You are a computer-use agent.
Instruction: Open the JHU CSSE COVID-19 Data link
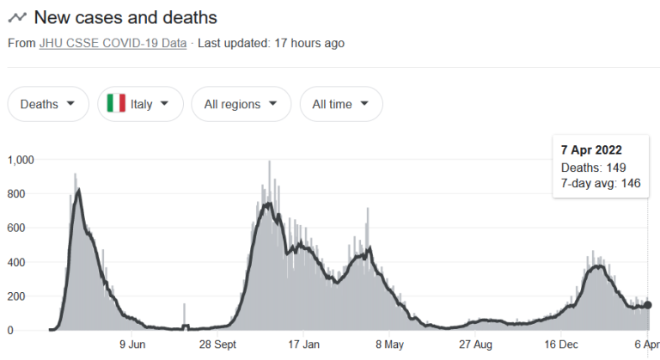click(113, 43)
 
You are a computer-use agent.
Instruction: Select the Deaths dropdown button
click(48, 104)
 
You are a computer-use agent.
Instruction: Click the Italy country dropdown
click(141, 104)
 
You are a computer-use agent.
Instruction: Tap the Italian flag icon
click(116, 104)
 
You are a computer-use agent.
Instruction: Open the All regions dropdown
click(241, 104)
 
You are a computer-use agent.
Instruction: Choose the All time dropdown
click(340, 104)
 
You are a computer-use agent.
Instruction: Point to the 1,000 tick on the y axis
click(21, 160)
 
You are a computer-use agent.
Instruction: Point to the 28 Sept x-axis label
click(218, 345)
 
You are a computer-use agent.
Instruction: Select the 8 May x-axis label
click(389, 345)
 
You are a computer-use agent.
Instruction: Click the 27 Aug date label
click(474, 345)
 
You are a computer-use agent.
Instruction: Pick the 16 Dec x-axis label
click(560, 345)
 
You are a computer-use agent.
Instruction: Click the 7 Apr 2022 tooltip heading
click(591, 150)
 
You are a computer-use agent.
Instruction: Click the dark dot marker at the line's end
click(648, 305)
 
